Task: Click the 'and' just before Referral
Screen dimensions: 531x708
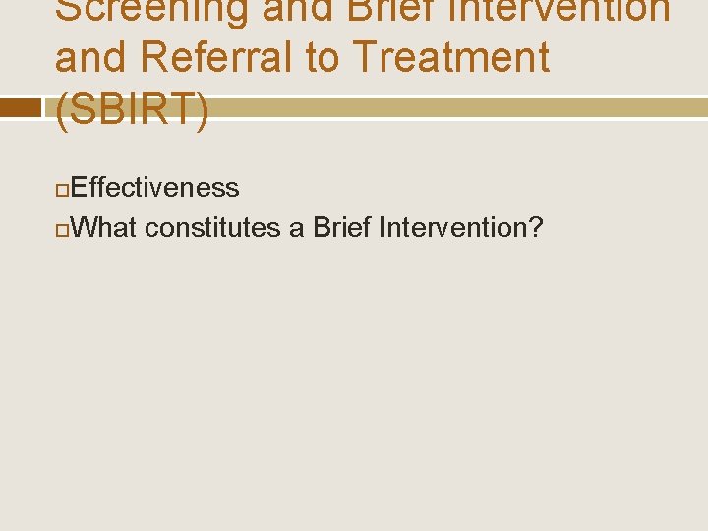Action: [x=93, y=58]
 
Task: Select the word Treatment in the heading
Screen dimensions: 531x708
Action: [x=452, y=58]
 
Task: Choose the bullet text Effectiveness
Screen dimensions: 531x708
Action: [x=155, y=187]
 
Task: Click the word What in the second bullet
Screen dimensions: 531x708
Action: [x=104, y=228]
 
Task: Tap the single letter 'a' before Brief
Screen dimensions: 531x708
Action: [x=296, y=229]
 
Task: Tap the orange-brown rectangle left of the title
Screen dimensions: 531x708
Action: [x=20, y=108]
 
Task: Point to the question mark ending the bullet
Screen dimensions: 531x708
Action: [x=536, y=228]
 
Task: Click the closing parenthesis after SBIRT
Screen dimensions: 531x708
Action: [x=203, y=110]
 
